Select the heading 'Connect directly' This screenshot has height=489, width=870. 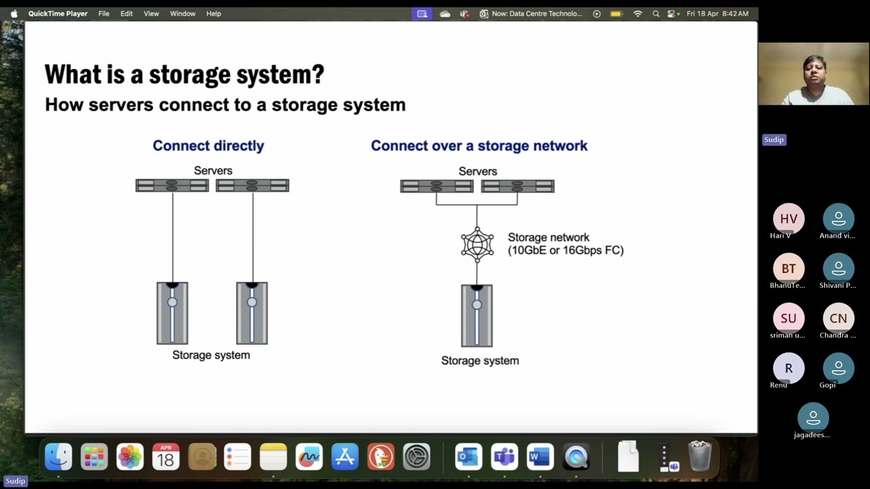[208, 145]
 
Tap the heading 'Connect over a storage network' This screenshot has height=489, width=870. [479, 145]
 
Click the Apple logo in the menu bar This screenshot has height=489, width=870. [14, 14]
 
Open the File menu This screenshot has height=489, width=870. [104, 14]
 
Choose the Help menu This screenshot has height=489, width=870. [213, 14]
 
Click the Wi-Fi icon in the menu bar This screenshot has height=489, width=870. [638, 14]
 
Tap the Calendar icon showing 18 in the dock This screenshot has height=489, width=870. [166, 457]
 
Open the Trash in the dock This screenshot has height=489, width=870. [699, 456]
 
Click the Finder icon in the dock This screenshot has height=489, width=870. [58, 457]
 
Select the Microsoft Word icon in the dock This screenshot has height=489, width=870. [540, 457]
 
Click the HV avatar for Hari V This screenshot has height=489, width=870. [788, 219]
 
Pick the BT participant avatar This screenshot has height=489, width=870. [788, 268]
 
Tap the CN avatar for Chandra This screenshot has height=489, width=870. [838, 319]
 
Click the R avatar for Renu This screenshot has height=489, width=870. [788, 368]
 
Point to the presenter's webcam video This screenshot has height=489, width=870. [814, 74]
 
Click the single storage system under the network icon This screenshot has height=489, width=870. [477, 316]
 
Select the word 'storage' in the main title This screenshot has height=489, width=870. [190, 74]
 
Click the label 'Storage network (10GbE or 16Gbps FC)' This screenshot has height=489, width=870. [565, 244]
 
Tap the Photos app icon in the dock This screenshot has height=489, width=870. [130, 457]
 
